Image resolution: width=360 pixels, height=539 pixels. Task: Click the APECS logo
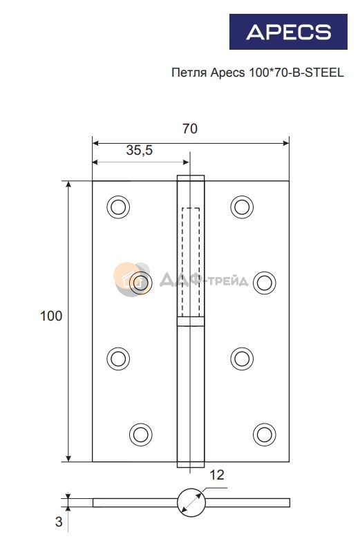(288, 32)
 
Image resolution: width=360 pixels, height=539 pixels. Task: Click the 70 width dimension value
(190, 129)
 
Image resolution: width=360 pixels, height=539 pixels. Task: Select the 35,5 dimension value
(140, 150)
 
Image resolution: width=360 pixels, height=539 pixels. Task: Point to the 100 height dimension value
(51, 316)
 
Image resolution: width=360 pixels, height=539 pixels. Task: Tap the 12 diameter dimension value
(216, 475)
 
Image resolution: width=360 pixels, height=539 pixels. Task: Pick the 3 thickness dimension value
(59, 522)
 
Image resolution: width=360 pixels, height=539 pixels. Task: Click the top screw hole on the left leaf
(118, 207)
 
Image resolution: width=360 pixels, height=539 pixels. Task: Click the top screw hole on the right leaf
(242, 207)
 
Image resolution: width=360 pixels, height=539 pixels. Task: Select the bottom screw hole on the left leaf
(141, 434)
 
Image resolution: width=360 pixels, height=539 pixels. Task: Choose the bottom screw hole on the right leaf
(265, 434)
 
